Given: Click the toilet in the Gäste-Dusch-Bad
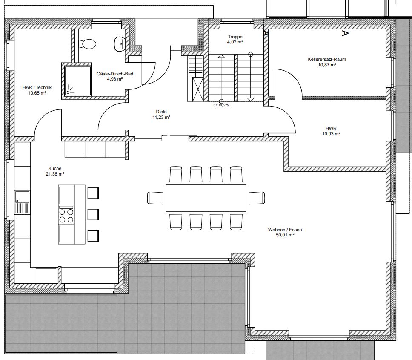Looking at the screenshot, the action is coord(87,44).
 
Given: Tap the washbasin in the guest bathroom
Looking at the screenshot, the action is coord(120,44).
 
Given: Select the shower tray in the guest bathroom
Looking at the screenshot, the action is coord(78,81).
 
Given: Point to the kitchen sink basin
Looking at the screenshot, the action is coord(22,197).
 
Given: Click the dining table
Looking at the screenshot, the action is coord(206,198).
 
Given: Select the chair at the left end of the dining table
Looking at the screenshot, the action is coord(155,198).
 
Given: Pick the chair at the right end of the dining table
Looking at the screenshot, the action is coord(257,198).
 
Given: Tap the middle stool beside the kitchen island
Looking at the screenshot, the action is coord(93,215).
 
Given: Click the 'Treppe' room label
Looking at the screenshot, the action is coord(235,37).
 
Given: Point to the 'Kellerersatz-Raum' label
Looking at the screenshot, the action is coord(327,59).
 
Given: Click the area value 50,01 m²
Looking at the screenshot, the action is coord(285,235).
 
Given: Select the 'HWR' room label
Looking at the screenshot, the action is coord(331,128).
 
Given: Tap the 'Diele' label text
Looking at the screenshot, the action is coord(161,112).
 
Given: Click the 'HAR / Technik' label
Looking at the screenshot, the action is coord(37,88).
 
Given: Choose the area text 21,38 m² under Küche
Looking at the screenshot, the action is coord(55,174).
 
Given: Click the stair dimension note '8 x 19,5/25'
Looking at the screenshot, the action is coord(221,105).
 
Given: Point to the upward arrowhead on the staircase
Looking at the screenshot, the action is coord(221,56).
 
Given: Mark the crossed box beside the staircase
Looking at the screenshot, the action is coord(198,89).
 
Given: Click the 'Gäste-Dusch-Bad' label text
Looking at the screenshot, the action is coord(115,74).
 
